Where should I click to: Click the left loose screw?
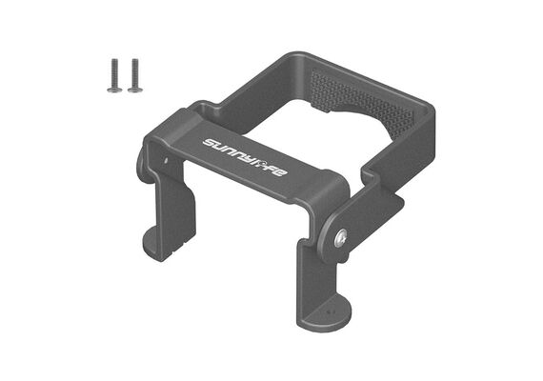(114, 75)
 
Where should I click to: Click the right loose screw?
(135, 75)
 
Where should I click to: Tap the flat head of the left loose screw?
(114, 90)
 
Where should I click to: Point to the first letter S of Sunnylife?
(209, 142)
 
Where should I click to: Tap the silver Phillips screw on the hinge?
(341, 238)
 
